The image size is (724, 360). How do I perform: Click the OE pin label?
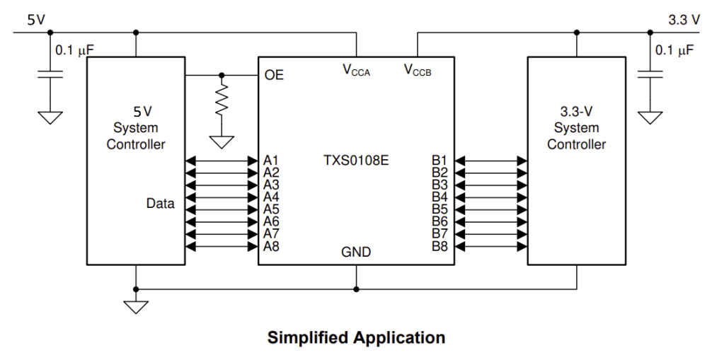tap(274, 74)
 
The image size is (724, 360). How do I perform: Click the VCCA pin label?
tap(356, 70)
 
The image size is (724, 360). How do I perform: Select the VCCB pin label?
tap(418, 70)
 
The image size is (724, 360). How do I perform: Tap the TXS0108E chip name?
tap(356, 160)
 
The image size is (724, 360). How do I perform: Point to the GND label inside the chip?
tap(356, 252)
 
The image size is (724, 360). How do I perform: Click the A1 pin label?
tap(271, 160)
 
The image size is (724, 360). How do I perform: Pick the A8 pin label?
tap(271, 246)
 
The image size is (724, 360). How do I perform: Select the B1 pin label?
tap(439, 160)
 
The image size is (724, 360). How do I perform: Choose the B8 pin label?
tap(439, 246)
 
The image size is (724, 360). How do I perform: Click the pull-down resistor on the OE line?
tap(222, 99)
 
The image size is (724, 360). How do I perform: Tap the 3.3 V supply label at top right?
tap(684, 20)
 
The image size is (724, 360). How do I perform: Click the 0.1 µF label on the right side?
tap(674, 50)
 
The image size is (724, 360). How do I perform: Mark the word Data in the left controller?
tap(160, 204)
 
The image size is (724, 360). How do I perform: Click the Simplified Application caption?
tap(356, 337)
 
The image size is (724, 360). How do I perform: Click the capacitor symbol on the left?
tap(50, 74)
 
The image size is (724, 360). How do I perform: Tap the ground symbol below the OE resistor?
tap(222, 141)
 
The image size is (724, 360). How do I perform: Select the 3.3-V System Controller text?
tap(576, 128)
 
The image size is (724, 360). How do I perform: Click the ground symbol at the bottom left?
tap(136, 306)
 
